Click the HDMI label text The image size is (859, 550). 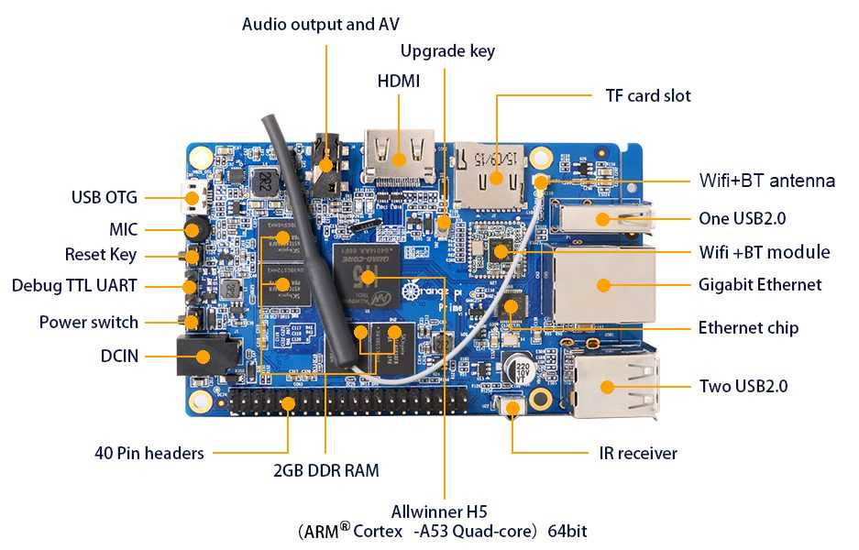(398, 82)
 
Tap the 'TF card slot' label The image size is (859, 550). (647, 95)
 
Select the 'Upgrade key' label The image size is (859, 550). (447, 51)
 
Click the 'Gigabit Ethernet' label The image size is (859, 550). (760, 284)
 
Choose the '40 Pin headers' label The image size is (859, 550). (149, 453)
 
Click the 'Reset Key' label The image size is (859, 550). (101, 255)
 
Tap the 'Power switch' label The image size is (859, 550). (89, 322)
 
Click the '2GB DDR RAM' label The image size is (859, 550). (325, 471)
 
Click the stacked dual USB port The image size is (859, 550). (611, 385)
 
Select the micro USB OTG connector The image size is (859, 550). (192, 196)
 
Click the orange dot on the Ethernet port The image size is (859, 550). (603, 285)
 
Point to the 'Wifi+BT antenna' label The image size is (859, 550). (767, 181)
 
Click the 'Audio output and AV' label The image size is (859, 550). (321, 24)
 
